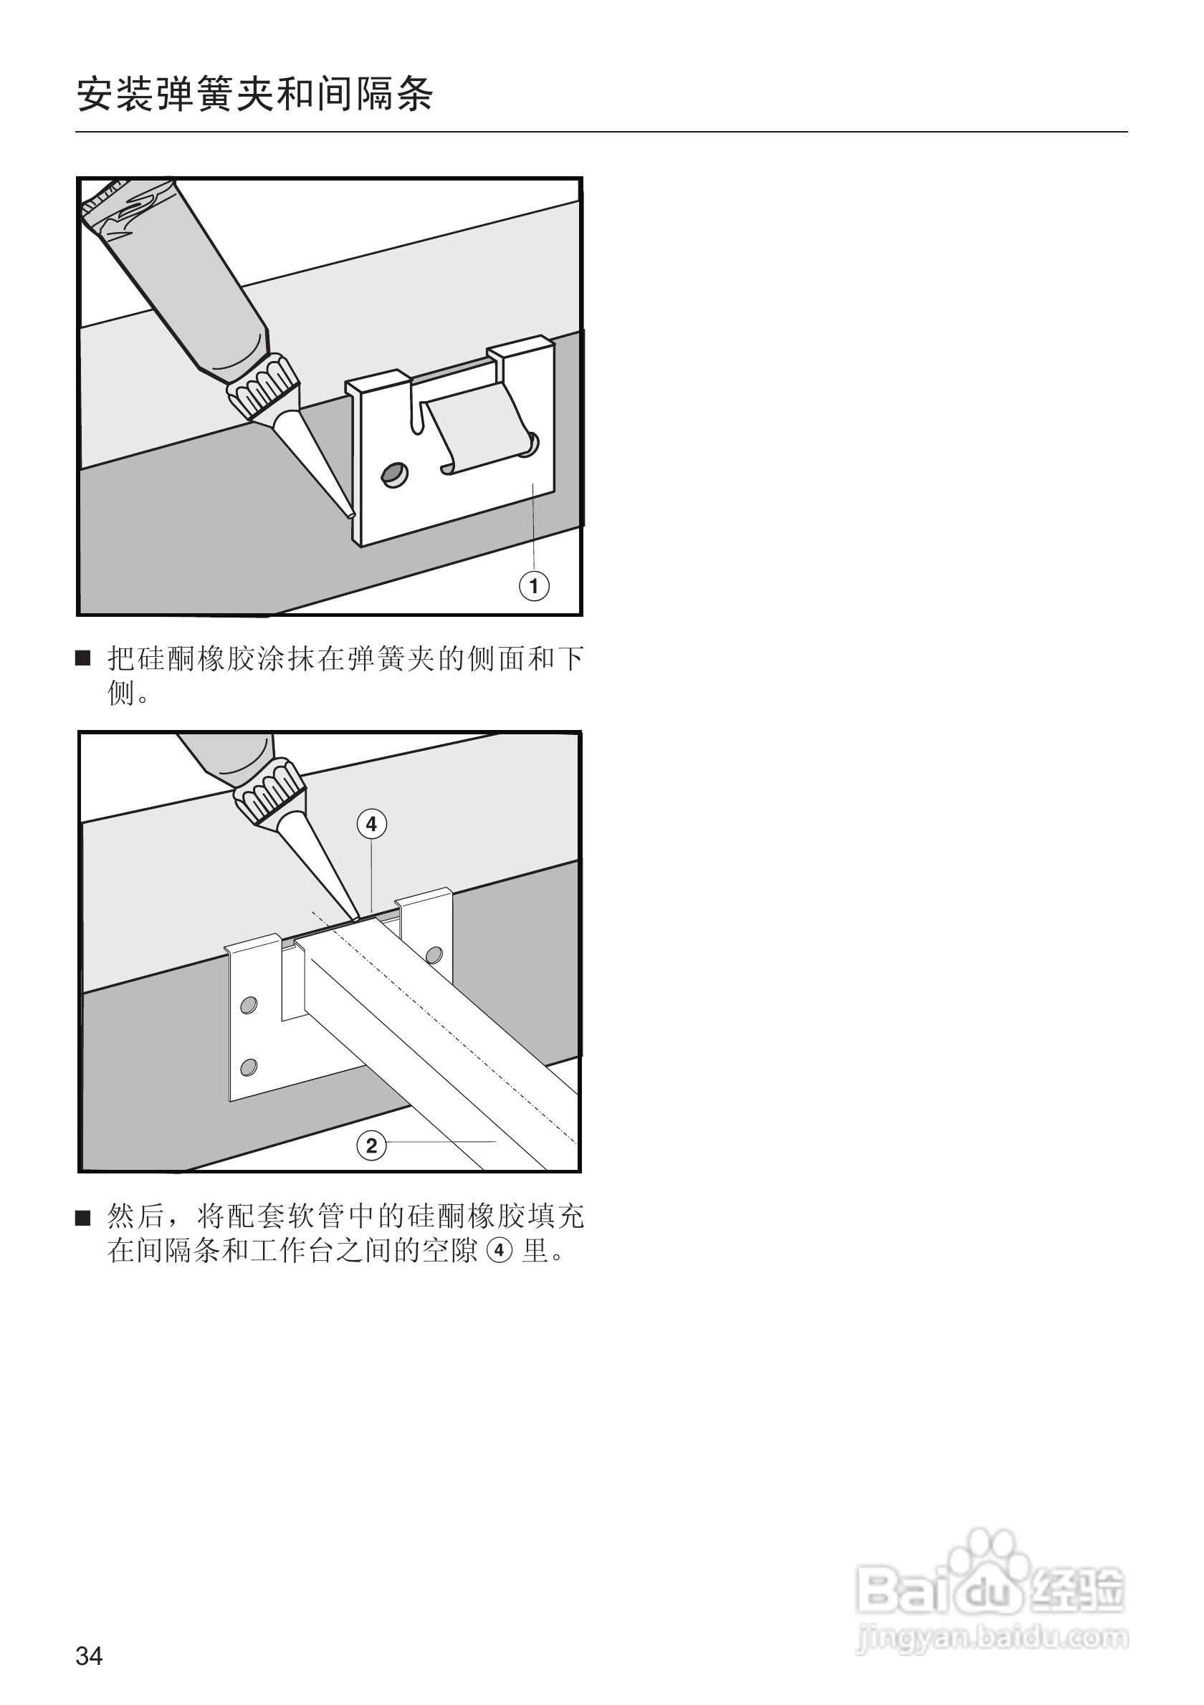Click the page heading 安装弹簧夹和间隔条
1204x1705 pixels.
click(x=254, y=95)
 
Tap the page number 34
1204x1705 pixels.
click(x=89, y=1656)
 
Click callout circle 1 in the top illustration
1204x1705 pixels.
click(x=533, y=586)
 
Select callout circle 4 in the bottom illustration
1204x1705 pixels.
click(x=371, y=824)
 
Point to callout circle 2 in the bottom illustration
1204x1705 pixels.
click(x=371, y=1145)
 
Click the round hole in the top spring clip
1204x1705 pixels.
click(x=394, y=474)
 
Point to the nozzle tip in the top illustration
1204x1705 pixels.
click(x=350, y=513)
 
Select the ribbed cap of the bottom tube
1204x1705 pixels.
click(x=270, y=794)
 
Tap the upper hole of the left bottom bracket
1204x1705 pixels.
click(x=249, y=1004)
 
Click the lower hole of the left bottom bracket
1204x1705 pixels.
click(x=249, y=1067)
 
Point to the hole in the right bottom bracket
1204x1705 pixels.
click(x=434, y=955)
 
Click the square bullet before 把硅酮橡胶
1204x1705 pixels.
click(x=83, y=658)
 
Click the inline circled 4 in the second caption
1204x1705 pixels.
click(x=498, y=1251)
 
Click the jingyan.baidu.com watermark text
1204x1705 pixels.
click(x=993, y=1638)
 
